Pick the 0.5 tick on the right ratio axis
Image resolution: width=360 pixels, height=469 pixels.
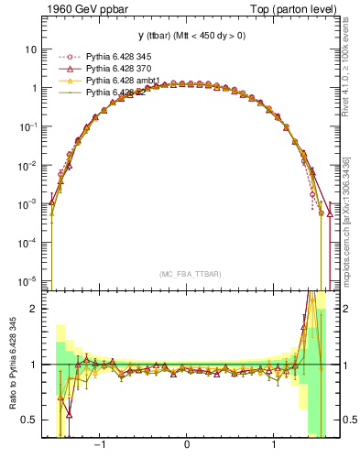click(342, 420)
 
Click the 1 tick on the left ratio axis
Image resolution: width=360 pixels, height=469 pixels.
click(32, 365)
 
